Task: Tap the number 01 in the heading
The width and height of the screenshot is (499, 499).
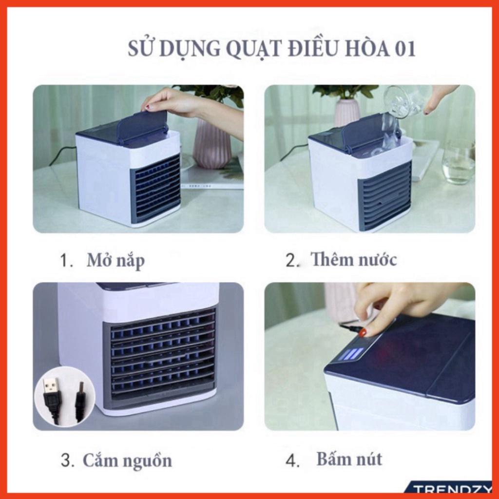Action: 405,49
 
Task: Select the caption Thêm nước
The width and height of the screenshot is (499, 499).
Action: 354,259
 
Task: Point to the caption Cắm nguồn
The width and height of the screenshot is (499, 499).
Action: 127,460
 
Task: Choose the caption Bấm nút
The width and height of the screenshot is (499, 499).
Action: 349,459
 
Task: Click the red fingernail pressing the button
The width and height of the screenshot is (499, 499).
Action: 363,333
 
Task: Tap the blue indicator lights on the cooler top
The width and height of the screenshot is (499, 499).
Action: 353,354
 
